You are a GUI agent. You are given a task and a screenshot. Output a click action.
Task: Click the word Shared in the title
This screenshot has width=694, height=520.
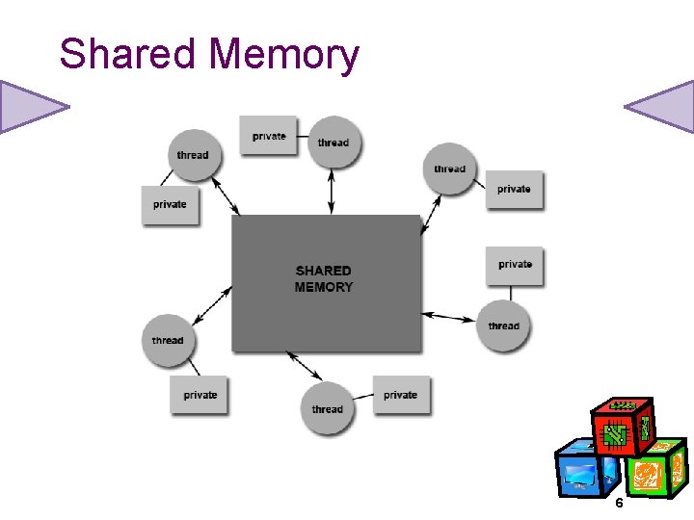click(x=126, y=54)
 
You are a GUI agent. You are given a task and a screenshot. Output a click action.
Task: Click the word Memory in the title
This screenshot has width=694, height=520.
click(x=283, y=56)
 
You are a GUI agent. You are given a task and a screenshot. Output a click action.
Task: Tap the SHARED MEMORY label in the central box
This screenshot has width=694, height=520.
click(x=324, y=279)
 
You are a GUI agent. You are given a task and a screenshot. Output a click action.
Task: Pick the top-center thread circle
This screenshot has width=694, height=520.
click(x=334, y=143)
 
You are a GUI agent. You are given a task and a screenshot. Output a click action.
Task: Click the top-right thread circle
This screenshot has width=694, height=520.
click(x=449, y=169)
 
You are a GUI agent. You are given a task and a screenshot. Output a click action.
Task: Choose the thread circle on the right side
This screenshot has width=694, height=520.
click(x=503, y=325)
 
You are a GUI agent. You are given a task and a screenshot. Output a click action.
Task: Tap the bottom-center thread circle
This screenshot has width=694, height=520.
click(x=328, y=409)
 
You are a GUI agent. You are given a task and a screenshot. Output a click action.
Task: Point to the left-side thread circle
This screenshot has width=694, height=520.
click(x=168, y=340)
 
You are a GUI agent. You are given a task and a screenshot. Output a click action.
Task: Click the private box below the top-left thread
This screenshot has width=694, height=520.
click(x=170, y=204)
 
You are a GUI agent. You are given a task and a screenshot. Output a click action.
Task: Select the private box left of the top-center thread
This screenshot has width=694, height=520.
click(x=269, y=136)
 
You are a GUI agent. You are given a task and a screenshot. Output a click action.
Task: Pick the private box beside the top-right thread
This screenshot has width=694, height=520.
click(x=514, y=189)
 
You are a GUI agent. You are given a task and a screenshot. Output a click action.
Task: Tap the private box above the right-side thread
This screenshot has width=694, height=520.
click(x=515, y=264)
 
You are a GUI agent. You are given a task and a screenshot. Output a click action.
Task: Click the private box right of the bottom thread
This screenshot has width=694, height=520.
click(x=401, y=395)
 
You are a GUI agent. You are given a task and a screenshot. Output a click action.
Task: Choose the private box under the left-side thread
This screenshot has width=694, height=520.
click(x=200, y=395)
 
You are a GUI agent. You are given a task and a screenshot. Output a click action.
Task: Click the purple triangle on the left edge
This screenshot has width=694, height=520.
click(x=29, y=106)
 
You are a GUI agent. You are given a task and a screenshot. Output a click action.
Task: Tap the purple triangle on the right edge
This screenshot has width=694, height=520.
click(x=663, y=106)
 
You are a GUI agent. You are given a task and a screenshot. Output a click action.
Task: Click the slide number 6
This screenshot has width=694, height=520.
click(x=619, y=505)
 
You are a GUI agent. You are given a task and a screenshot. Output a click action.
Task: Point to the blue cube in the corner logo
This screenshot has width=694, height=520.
click(x=585, y=471)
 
